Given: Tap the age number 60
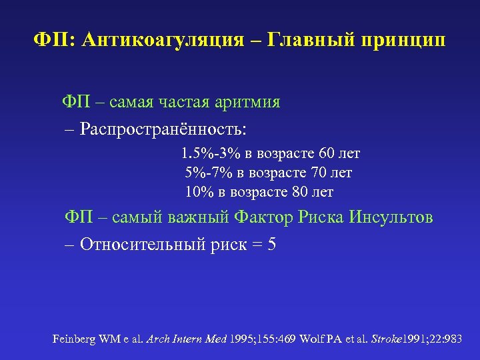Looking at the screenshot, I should click(323, 154).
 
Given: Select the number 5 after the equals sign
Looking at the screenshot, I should click(271, 244).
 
